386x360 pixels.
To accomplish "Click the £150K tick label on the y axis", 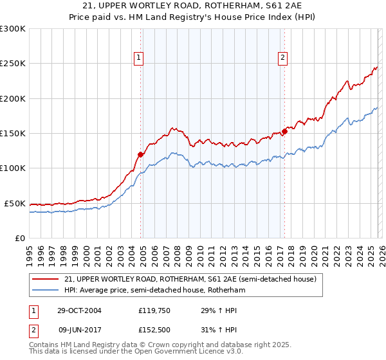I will point(13,134).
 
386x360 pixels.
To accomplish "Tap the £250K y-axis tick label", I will point(13,64).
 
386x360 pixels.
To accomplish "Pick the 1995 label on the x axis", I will point(29,251).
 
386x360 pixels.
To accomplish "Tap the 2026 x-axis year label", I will point(381,251).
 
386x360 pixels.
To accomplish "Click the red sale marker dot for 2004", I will point(140,154).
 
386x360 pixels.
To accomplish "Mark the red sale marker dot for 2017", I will point(284,132).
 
